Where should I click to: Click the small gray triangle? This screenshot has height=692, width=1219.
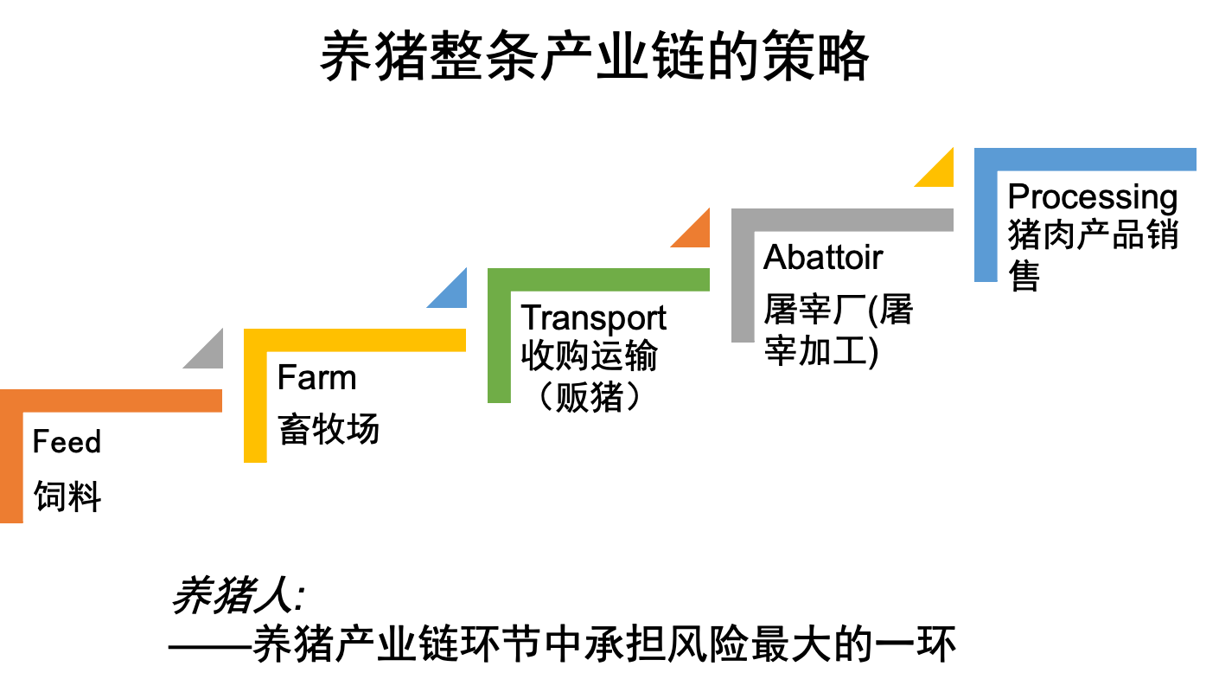point(210,356)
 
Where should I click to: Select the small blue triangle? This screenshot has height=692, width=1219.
point(454,295)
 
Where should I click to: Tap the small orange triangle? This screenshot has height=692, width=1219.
point(697,234)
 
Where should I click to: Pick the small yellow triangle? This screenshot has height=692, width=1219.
point(941,174)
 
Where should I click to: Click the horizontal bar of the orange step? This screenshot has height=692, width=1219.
point(121,400)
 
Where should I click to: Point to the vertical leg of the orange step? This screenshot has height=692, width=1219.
point(11,467)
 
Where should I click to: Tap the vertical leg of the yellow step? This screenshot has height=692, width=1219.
point(255,407)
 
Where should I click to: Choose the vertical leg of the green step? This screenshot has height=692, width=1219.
point(499,346)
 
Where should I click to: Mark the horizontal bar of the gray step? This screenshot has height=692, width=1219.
point(852,220)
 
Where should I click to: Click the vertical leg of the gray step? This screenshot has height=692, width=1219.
point(743,285)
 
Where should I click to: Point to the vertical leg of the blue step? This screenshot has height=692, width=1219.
point(986,225)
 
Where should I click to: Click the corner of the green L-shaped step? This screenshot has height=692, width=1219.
point(499,279)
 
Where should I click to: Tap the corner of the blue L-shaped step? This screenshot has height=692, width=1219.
point(986,159)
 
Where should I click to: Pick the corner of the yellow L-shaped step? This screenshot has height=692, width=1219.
point(255,340)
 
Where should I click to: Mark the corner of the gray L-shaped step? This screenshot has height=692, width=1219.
point(743,220)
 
